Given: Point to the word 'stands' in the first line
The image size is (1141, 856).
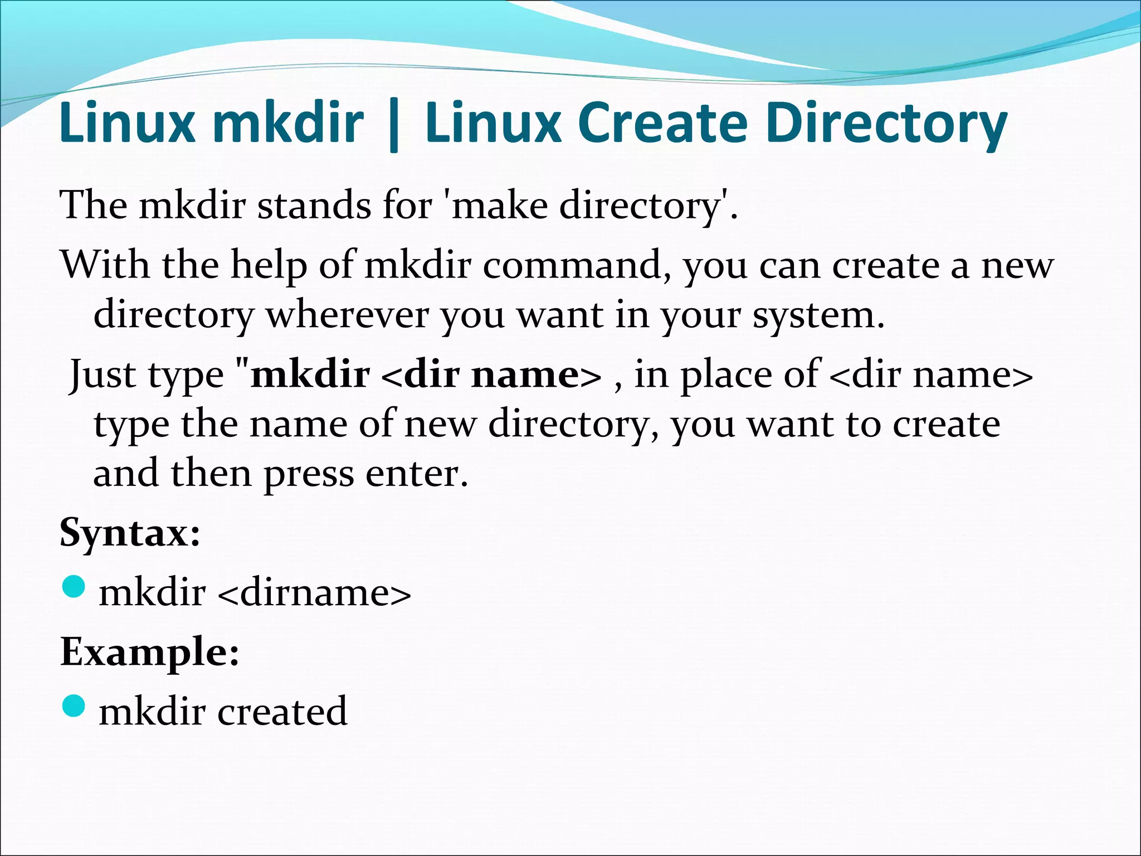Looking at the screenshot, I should [313, 205].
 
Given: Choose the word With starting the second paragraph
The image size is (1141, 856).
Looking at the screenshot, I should [105, 264].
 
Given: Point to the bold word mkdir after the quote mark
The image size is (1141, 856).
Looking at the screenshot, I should [310, 374].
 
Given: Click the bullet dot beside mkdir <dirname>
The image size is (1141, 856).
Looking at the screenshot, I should [73, 587].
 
